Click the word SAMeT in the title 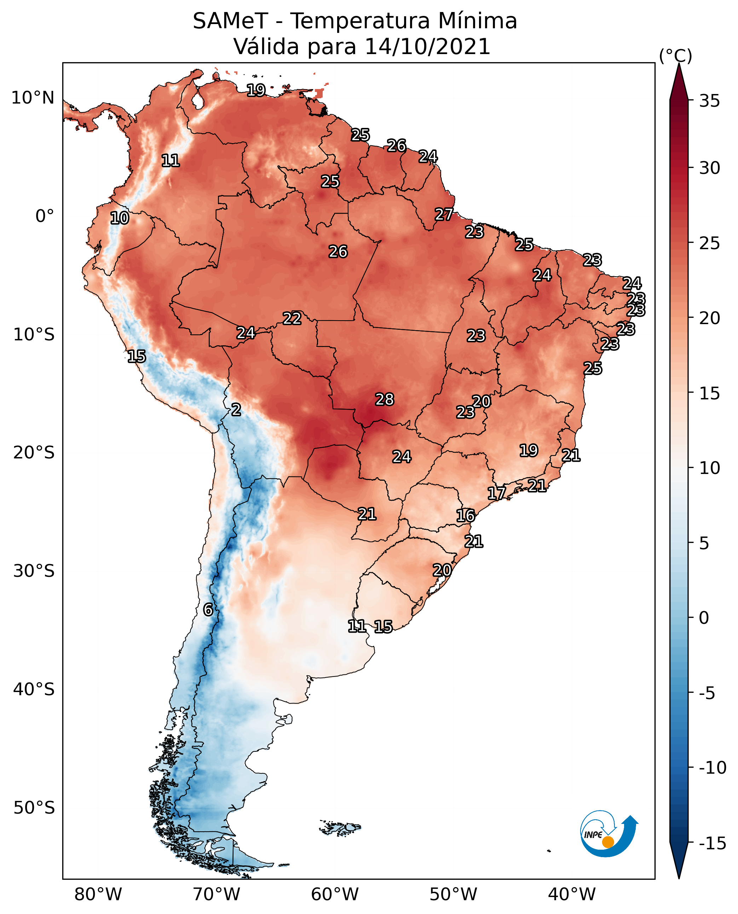tap(230, 21)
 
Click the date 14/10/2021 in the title tap(427, 46)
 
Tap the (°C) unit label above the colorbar tap(675, 55)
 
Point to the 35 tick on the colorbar tap(709, 101)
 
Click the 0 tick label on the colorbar tap(704, 618)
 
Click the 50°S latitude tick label tap(34, 807)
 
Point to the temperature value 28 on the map tap(384, 399)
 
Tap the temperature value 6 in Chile tap(208, 609)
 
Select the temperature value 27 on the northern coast tap(443, 214)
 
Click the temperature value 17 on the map tap(496, 493)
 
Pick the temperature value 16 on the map tap(466, 516)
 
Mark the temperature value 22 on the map tap(292, 318)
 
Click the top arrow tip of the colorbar tap(679, 65)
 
